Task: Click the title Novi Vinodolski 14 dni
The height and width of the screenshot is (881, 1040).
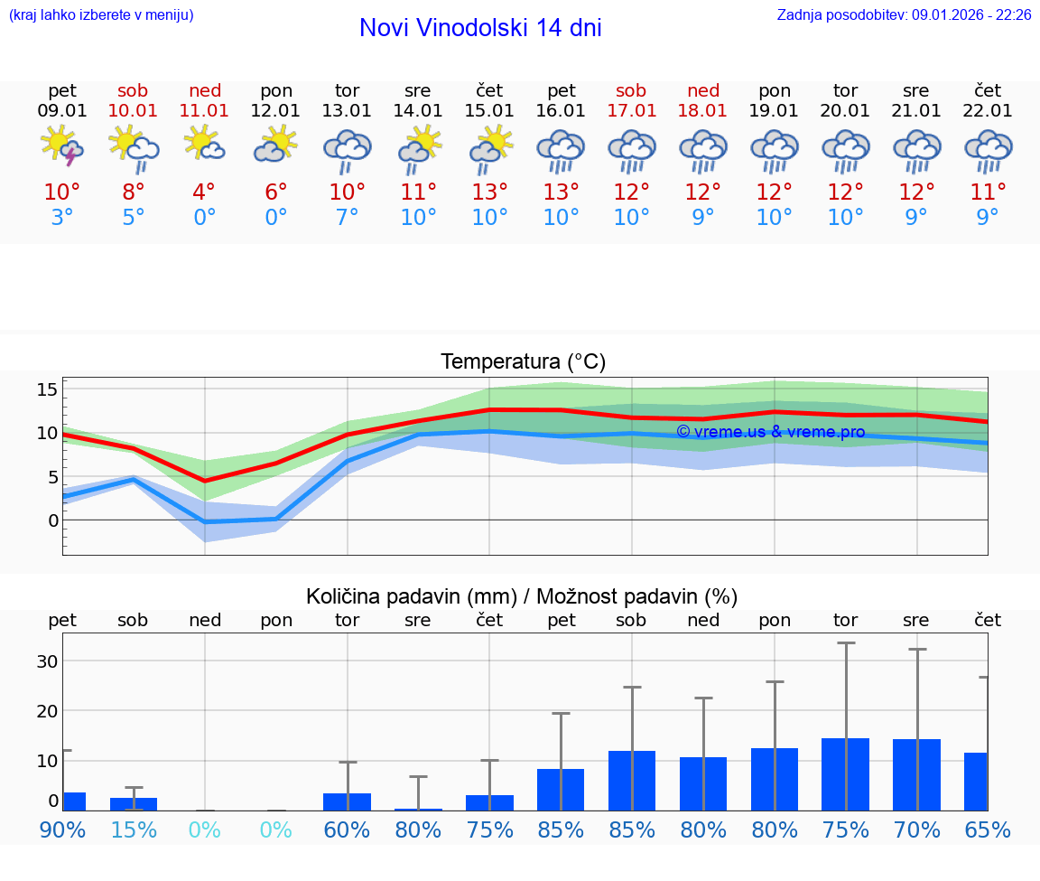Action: pos(480,28)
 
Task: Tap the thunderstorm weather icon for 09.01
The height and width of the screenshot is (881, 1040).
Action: pos(62,146)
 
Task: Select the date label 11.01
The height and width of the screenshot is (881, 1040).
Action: pos(205,110)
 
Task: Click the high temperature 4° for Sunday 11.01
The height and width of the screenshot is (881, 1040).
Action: pos(205,192)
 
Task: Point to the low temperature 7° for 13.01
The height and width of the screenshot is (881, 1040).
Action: pos(348,218)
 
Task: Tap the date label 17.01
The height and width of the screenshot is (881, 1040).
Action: pos(631,110)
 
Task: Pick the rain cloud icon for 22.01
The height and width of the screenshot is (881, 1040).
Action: pos(988,150)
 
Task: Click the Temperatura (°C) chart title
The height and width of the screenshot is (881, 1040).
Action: pos(523,361)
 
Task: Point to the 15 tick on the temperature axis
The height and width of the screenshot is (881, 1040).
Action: pos(47,389)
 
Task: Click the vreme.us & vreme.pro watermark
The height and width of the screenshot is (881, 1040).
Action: pos(770,432)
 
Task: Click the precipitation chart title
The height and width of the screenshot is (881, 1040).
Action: pos(522,596)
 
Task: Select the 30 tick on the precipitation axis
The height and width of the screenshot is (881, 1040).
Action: pos(47,661)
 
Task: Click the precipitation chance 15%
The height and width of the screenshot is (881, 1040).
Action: pos(133,829)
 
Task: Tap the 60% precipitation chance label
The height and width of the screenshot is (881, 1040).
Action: pos(348,829)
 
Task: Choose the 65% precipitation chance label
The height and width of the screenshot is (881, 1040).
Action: pos(988,829)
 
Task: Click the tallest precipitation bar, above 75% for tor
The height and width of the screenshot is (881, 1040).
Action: pos(846,774)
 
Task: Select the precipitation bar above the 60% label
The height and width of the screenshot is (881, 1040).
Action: pos(348,801)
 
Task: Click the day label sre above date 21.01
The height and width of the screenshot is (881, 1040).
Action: pos(916,90)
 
